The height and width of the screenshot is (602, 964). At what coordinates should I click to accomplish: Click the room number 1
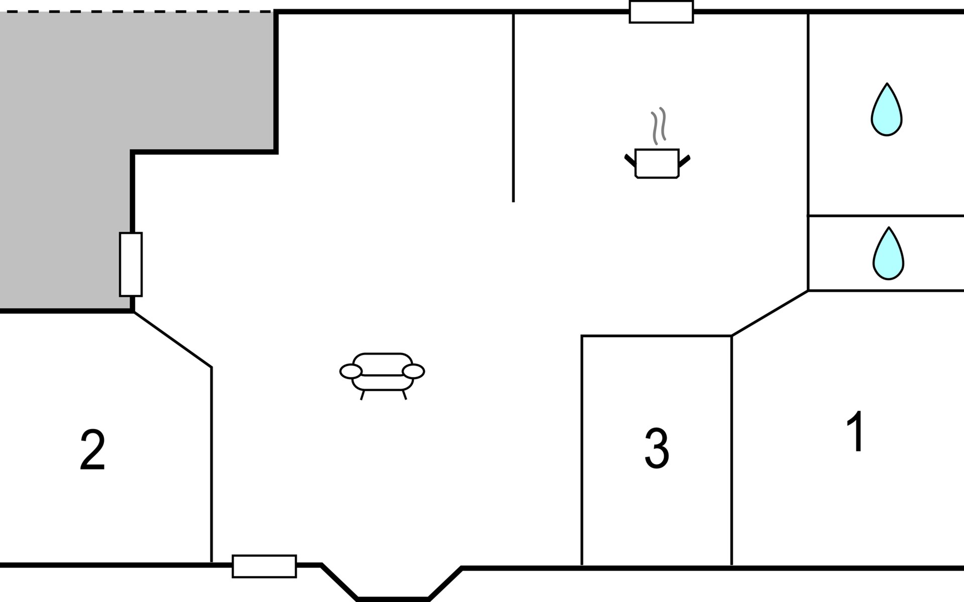(856, 431)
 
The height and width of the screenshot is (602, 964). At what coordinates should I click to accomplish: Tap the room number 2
(92, 450)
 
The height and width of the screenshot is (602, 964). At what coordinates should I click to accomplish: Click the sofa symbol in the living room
(382, 374)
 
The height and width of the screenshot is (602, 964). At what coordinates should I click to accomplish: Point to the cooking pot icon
(657, 163)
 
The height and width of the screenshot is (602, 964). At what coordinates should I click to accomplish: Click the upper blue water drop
(887, 110)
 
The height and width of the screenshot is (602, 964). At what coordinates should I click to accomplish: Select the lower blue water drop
(888, 254)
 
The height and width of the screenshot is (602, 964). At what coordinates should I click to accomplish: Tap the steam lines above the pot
(658, 125)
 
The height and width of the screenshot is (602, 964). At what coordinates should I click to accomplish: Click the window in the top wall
(661, 12)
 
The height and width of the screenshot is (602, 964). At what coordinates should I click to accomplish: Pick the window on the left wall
(131, 264)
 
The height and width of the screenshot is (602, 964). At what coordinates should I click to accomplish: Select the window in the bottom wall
(264, 566)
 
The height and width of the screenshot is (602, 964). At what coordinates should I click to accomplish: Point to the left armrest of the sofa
(351, 372)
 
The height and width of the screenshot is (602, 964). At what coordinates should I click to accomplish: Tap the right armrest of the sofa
(414, 372)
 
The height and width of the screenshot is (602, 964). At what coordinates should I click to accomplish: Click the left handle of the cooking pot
(630, 161)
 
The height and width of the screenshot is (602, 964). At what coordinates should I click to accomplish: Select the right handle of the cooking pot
(684, 161)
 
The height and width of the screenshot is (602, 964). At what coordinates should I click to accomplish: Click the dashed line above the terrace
(136, 12)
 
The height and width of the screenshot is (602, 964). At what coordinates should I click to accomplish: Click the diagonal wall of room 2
(173, 340)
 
